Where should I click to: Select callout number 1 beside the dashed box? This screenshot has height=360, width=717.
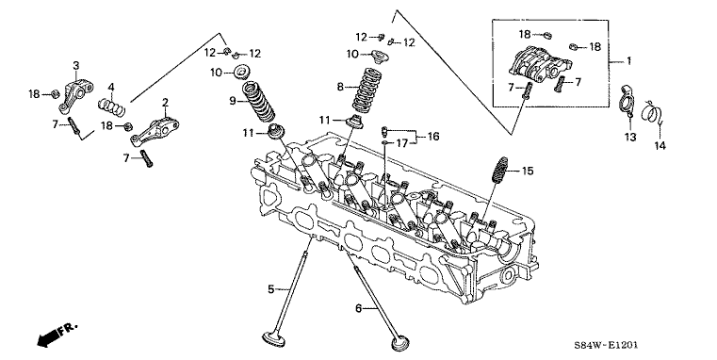point(628,61)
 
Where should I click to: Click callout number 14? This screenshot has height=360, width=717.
point(660,146)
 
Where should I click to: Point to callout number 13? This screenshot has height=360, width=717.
point(630,137)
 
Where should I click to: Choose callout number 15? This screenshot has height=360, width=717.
point(528,172)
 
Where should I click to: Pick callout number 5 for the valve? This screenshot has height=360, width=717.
point(271,289)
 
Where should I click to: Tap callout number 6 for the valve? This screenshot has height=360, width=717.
point(358,309)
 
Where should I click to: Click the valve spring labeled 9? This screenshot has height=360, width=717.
point(258,102)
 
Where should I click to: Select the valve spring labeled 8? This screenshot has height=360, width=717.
point(367,90)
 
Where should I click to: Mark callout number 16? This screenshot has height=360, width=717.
point(433,136)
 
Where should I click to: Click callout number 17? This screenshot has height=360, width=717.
point(401,143)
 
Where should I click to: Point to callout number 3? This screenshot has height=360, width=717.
point(76,65)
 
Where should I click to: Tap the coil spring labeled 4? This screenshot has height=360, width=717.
point(112,106)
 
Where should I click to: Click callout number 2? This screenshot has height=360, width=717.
point(165,102)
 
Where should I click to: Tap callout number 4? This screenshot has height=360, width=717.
point(110,88)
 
